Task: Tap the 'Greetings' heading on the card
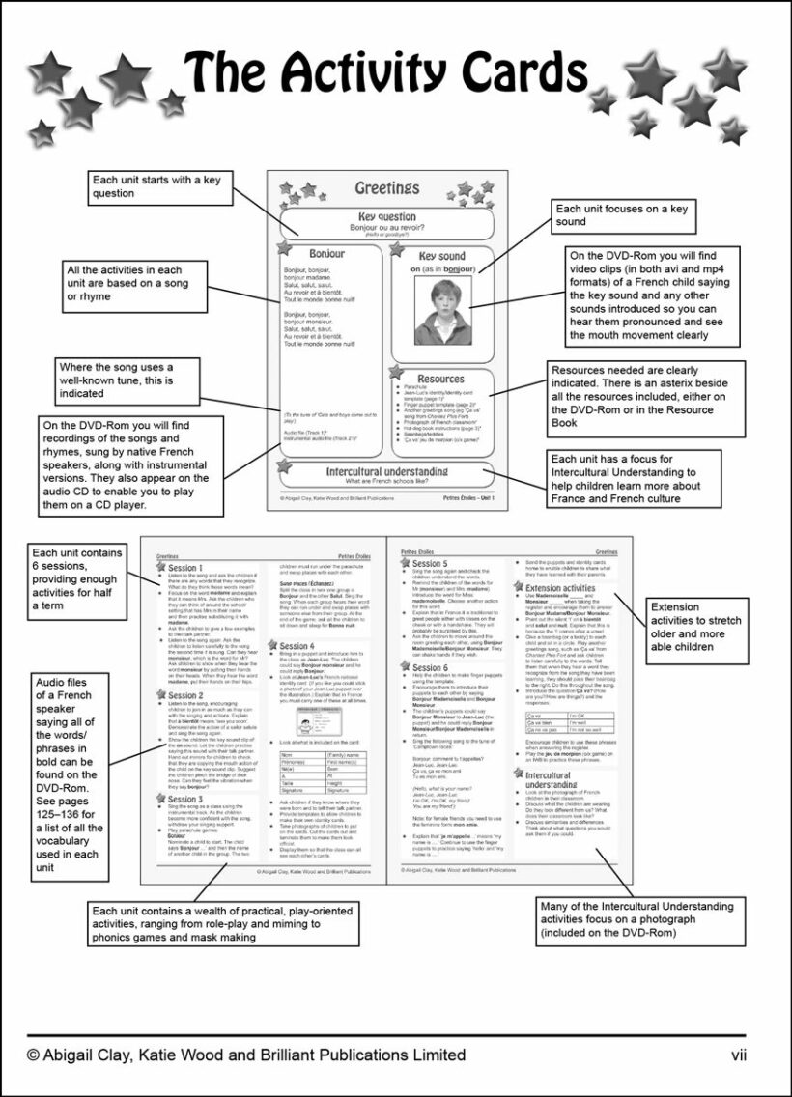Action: click(386, 187)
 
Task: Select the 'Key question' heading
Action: click(386, 217)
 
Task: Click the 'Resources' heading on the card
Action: click(440, 379)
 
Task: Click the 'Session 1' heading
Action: click(185, 568)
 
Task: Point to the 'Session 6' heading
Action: click(429, 667)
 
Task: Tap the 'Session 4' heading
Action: click(296, 645)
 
